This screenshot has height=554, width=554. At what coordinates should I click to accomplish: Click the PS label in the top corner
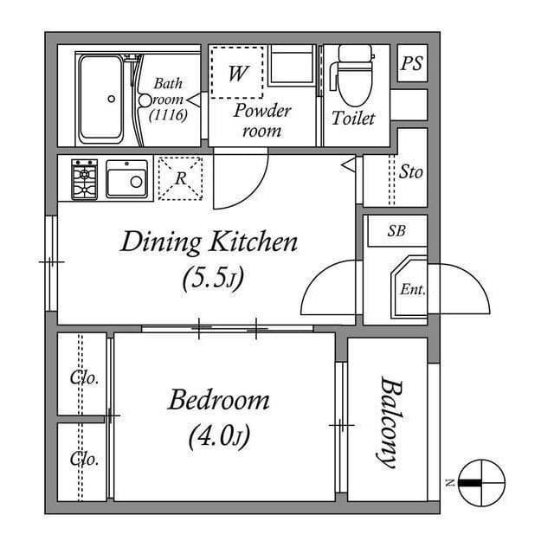(412, 64)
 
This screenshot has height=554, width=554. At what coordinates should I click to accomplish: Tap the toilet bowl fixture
(351, 82)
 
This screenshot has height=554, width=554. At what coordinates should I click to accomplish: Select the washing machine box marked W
(235, 73)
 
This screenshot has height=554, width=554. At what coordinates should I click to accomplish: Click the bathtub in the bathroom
(107, 99)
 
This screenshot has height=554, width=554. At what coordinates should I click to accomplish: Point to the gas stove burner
(85, 179)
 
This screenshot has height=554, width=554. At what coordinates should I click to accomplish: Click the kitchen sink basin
(127, 180)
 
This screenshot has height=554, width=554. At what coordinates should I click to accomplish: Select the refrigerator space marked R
(181, 178)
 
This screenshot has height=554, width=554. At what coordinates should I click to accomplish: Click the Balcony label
(387, 423)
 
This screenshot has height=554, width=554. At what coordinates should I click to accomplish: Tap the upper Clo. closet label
(84, 378)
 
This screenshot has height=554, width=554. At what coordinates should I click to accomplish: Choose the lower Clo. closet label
(84, 458)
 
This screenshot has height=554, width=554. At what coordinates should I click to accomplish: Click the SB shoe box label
(396, 231)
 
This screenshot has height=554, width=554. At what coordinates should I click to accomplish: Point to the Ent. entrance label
(412, 289)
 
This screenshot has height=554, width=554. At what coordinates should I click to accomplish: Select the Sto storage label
(411, 171)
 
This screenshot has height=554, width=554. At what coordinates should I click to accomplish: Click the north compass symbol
(480, 482)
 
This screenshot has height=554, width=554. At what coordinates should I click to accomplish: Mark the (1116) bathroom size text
(168, 115)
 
